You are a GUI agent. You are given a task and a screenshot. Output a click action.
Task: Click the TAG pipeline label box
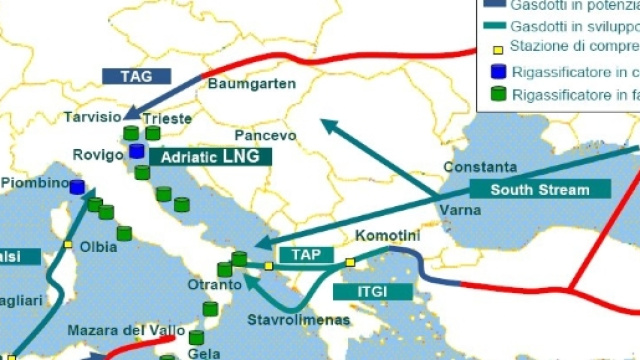click(137, 76)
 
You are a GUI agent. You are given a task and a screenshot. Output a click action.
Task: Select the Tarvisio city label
click(92, 118)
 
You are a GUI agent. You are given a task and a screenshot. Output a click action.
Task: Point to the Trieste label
click(168, 118)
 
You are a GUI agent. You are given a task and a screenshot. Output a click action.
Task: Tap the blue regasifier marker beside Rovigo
click(137, 152)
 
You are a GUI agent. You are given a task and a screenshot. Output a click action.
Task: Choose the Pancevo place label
click(265, 135)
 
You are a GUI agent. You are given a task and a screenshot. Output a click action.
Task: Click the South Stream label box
click(540, 189)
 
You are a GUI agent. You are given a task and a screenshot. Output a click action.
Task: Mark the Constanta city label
click(480, 167)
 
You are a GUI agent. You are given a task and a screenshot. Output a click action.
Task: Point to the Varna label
click(460, 211)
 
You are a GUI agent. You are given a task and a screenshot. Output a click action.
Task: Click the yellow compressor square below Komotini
click(350, 263)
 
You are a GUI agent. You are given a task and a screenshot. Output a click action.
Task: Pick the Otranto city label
click(215, 285)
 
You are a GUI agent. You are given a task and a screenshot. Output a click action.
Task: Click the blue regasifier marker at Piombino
click(77, 187)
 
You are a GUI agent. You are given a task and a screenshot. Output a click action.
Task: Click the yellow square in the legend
click(497, 47)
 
